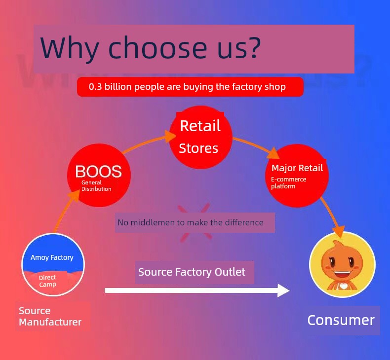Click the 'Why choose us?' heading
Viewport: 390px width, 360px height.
tap(150, 48)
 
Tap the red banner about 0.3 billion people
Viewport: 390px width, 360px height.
tap(190, 87)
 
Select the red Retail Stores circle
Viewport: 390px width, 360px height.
tap(201, 138)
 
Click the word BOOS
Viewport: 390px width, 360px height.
tap(99, 171)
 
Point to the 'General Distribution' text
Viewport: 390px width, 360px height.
tap(96, 185)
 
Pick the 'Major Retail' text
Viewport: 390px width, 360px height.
tap(297, 168)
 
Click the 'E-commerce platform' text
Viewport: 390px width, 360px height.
tap(288, 182)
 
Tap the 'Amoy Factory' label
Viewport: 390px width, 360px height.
tap(52, 257)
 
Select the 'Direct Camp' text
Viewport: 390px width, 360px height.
tap(47, 281)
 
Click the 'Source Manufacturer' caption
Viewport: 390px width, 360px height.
tap(50, 316)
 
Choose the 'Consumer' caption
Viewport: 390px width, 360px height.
tap(341, 320)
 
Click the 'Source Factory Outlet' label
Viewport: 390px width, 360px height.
tap(192, 272)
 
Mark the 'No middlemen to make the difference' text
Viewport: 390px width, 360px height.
tap(190, 222)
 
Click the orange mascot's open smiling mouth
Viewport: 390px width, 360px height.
tap(343, 275)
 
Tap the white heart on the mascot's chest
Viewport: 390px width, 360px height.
tap(344, 287)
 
